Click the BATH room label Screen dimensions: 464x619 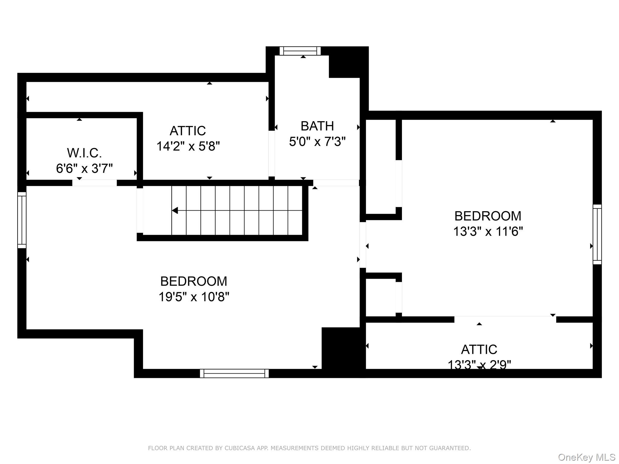click(x=317, y=126)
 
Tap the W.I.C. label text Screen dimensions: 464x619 click(x=84, y=153)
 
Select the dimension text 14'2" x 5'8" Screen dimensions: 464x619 click(x=188, y=146)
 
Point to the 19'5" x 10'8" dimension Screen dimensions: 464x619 click(x=194, y=297)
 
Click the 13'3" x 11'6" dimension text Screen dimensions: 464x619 click(x=488, y=232)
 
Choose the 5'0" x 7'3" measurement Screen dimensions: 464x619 click(x=317, y=141)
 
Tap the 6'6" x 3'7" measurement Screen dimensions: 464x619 click(x=84, y=168)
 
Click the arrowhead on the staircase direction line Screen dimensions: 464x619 click(x=175, y=210)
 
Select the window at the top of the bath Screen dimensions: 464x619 click(x=300, y=51)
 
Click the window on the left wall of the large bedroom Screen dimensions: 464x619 click(x=22, y=220)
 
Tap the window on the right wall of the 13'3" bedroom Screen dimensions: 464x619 click(x=597, y=234)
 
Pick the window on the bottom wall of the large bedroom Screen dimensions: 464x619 click(x=234, y=373)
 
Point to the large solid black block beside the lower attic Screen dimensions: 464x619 click(x=343, y=352)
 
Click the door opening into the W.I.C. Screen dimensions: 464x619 click(x=94, y=183)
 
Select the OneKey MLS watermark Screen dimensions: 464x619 click(x=586, y=457)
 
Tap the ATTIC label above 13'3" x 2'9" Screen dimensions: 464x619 click(x=479, y=350)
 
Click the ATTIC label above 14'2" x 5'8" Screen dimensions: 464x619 click(x=188, y=131)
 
